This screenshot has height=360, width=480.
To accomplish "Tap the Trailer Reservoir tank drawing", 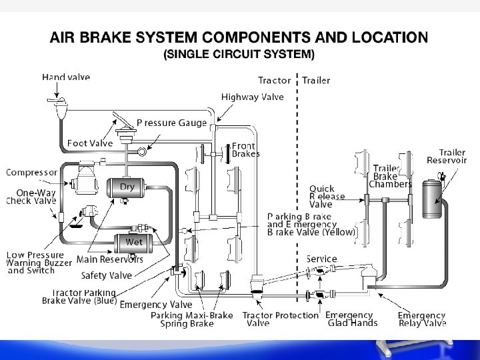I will point(432,197).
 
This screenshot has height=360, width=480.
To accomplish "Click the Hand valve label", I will point(66,77).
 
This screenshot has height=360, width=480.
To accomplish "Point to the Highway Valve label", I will point(253,97).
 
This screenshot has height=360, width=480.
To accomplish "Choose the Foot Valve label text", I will point(90,143).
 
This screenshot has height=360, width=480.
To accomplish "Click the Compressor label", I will point(31,173).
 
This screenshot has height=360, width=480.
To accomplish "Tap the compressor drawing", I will point(83,180).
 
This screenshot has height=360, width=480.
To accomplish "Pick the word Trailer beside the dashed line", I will point(316,81).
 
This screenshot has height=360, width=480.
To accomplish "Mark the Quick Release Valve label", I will point(327,197).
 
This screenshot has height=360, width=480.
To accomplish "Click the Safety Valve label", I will point(107,275).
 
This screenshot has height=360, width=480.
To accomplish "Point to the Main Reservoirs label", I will point(110,259).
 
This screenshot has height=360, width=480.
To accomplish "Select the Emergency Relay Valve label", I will point(422,319).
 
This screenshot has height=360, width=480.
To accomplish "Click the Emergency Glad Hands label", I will point(350,319).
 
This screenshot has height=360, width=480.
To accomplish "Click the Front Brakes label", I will point(245,150).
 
